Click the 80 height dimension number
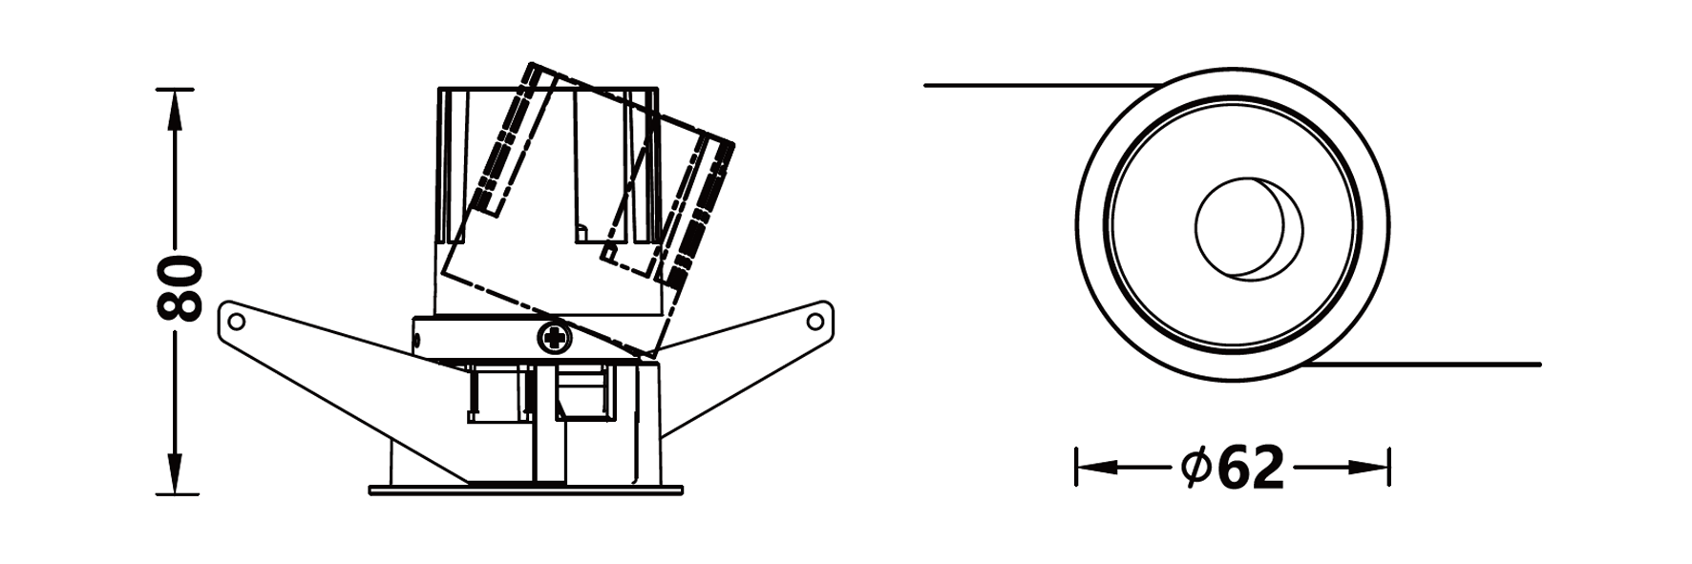coord(179,288)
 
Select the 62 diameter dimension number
coord(1252,468)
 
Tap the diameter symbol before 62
coord(1195,467)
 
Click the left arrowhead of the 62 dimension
coord(1094,468)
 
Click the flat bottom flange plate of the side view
coord(526,491)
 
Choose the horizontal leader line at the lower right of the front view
coord(1432,365)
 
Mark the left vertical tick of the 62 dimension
coord(1076,467)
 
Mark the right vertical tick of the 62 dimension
coord(1389,467)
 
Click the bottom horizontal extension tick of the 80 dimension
coord(177,493)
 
